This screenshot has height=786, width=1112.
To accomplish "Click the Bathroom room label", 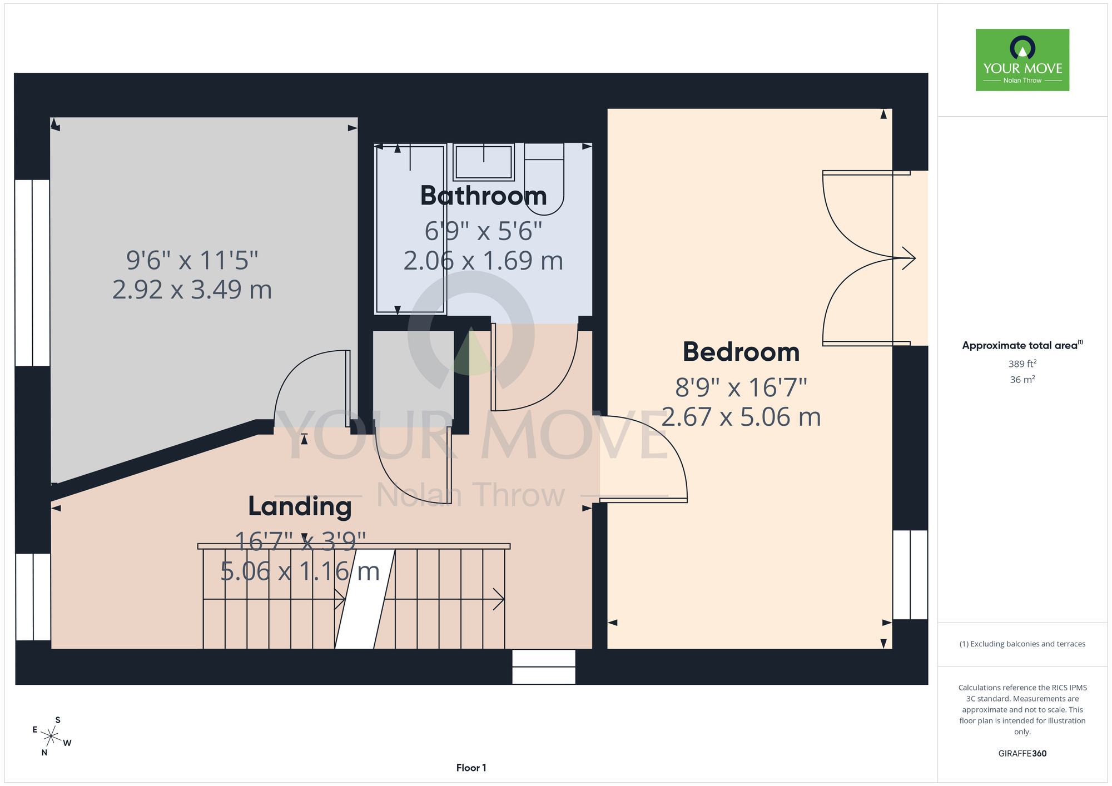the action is (483, 196).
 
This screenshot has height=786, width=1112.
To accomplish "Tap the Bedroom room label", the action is (741, 352).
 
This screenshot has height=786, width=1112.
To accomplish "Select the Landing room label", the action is (300, 506).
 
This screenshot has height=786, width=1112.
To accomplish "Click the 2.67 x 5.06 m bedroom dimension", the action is (741, 417).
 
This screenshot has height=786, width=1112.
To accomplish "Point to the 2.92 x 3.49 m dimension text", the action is (192, 290).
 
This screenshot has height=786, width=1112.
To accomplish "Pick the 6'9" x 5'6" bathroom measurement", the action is (483, 231).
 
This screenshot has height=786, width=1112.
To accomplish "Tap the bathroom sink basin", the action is (483, 162).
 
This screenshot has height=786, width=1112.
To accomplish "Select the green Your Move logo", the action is (1022, 60).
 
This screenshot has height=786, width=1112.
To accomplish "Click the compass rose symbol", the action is (51, 737).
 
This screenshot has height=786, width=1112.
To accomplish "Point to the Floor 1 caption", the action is (471, 768).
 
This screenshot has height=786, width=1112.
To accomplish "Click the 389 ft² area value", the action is (1022, 364).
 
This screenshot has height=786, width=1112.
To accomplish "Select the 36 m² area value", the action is (1022, 380).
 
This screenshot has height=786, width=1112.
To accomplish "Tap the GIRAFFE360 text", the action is (1022, 754).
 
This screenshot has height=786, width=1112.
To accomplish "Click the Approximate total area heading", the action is (1022, 345).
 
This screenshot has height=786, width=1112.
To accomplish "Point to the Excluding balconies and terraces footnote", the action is (1022, 644).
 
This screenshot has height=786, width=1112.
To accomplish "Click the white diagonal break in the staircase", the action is (365, 599).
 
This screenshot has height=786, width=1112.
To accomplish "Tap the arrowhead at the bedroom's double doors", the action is (909, 258).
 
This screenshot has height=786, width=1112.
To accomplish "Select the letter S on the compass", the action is (58, 720).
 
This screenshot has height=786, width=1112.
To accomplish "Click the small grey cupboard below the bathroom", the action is (413, 379).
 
